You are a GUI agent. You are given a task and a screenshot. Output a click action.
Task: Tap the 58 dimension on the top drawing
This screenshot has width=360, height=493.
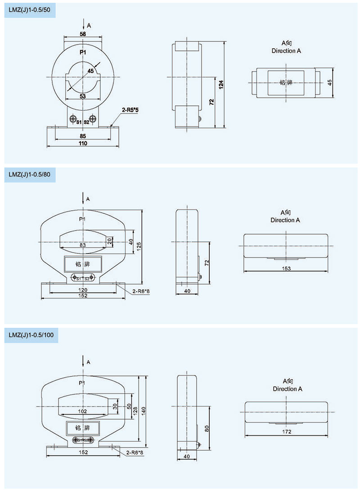tap(83, 34)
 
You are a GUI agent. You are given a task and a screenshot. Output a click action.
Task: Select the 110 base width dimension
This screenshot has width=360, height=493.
tap(83, 144)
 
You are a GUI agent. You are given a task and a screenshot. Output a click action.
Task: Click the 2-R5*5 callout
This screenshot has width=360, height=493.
tap(130, 110)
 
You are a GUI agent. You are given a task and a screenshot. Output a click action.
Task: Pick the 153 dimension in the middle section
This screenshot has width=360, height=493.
tap(286, 269)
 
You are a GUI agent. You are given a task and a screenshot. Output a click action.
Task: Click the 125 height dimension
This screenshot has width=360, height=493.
tap(139, 245)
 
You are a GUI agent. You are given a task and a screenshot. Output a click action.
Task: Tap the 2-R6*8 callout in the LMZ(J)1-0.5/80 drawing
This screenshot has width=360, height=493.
tap(141, 291)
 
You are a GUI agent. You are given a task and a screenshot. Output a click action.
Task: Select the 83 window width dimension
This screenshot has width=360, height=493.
tap(83, 245)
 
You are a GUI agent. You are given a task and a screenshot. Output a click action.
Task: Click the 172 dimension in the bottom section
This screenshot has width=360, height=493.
tap(287, 432)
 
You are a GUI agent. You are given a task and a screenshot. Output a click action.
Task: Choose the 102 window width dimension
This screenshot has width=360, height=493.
tap(83, 411)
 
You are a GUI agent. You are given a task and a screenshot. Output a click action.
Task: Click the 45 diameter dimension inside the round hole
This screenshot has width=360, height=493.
tap(90, 71)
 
